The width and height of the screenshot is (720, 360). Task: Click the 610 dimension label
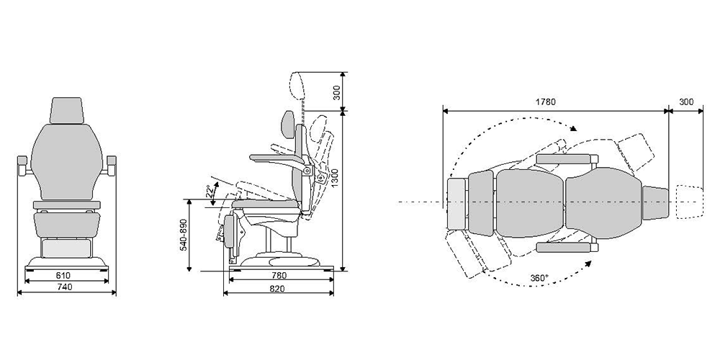pos(63,276)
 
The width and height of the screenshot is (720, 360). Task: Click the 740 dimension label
pos(65,287)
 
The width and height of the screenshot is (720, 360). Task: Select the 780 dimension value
pos(279,276)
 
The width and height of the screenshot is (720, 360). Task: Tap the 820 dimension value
pos(277,289)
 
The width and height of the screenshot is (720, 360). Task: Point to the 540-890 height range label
pos(183,234)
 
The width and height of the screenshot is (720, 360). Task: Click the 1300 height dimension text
pos(335,177)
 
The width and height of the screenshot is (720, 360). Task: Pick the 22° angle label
pos(210,191)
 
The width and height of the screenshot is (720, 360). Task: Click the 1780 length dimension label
pos(546,102)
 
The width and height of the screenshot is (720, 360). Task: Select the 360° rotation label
pos(539,278)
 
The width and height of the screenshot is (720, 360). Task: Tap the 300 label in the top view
pos(686,102)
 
